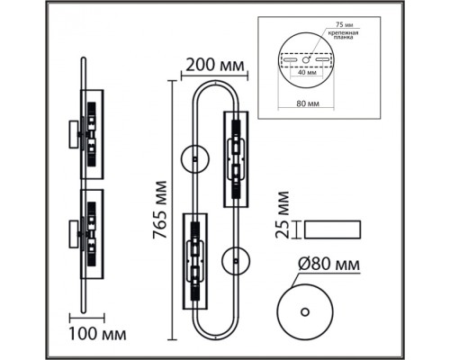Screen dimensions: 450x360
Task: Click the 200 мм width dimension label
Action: [x=215, y=65]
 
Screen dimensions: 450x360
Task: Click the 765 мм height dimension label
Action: [x=159, y=210]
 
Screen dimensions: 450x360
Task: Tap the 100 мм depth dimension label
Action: [x=97, y=334]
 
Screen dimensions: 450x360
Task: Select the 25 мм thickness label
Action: [x=283, y=215]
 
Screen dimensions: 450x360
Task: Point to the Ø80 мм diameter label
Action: [x=328, y=264]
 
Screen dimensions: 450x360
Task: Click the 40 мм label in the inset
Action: [x=306, y=72]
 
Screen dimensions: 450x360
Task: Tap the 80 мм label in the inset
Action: [x=308, y=103]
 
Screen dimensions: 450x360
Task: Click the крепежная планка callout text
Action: [x=343, y=35]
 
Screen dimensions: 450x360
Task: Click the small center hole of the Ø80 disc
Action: [x=305, y=312]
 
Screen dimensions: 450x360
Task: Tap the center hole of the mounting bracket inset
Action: [x=306, y=60]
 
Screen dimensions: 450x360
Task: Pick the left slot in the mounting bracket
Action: [x=290, y=60]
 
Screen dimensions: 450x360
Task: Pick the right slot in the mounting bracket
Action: [x=322, y=60]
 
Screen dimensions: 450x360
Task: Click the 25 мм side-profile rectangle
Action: [x=332, y=229]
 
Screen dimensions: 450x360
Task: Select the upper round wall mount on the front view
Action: [x=195, y=159]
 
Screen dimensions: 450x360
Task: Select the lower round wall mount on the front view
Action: [x=236, y=261]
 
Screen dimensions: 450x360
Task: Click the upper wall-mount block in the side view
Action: [x=74, y=134]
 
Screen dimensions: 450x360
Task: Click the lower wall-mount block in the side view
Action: [x=74, y=234]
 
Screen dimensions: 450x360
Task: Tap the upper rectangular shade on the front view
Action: [x=236, y=159]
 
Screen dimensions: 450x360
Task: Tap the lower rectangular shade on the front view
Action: [x=195, y=261]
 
